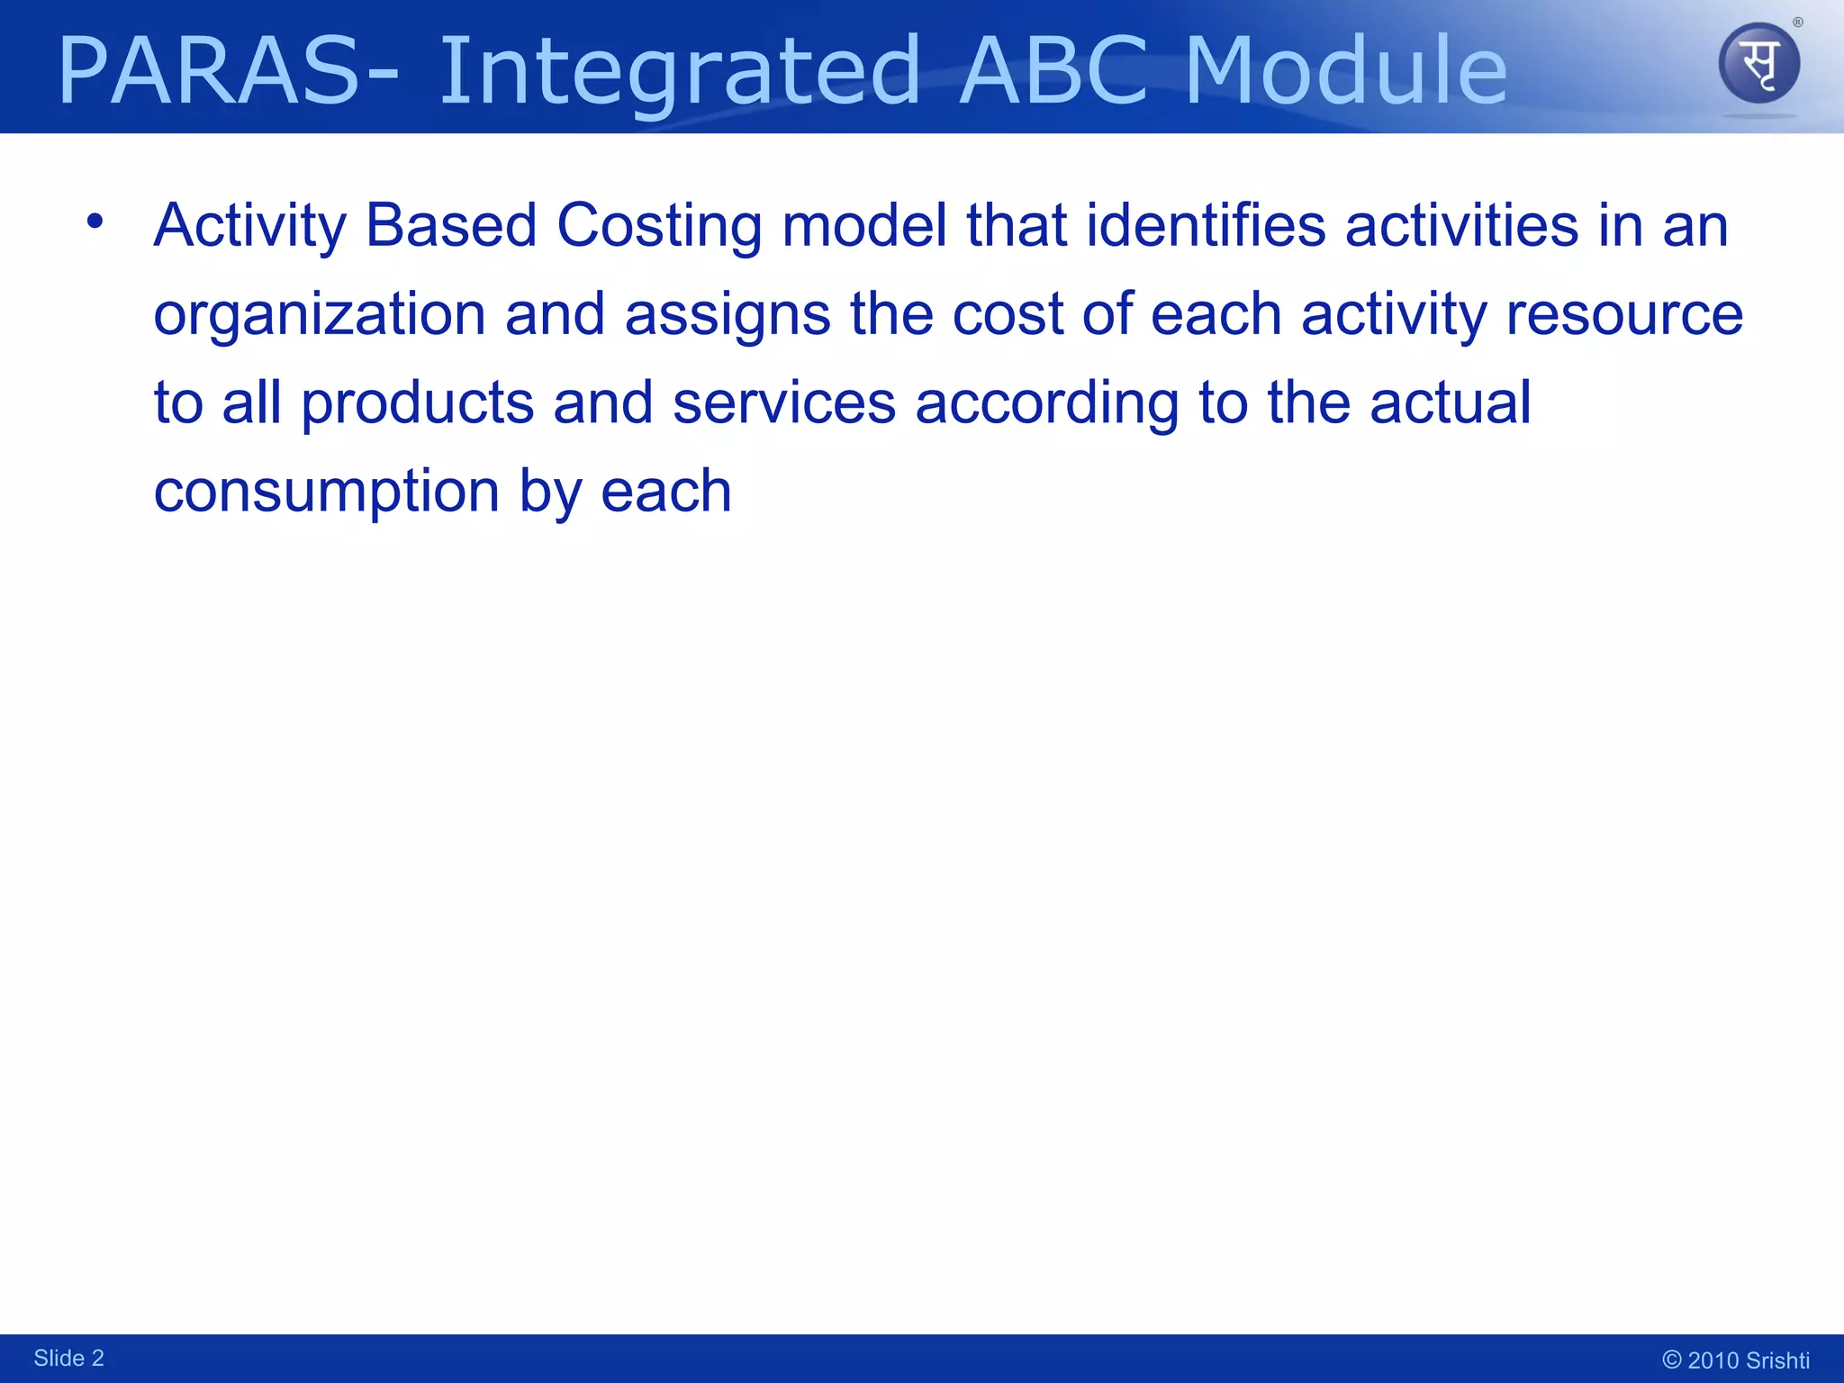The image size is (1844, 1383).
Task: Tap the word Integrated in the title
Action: [x=680, y=72]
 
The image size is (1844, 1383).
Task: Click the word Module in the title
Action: [x=1345, y=72]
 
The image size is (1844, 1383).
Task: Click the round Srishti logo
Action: [x=1758, y=64]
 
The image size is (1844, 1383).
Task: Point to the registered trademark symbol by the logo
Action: [x=1797, y=23]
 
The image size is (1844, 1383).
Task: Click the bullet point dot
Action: [x=95, y=220]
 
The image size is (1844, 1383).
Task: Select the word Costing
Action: [x=659, y=226]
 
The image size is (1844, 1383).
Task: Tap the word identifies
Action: [x=1206, y=226]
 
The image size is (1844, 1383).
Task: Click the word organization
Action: [x=320, y=315]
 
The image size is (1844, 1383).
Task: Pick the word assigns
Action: [x=728, y=315]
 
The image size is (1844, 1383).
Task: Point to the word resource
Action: [x=1624, y=315]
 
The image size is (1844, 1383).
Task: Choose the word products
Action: [x=418, y=403]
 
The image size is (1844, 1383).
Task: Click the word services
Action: [x=784, y=403]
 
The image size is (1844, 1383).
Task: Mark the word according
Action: [x=1046, y=403]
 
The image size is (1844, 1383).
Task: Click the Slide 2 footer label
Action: [x=68, y=1358]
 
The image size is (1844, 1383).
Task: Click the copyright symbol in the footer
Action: [x=1671, y=1360]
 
